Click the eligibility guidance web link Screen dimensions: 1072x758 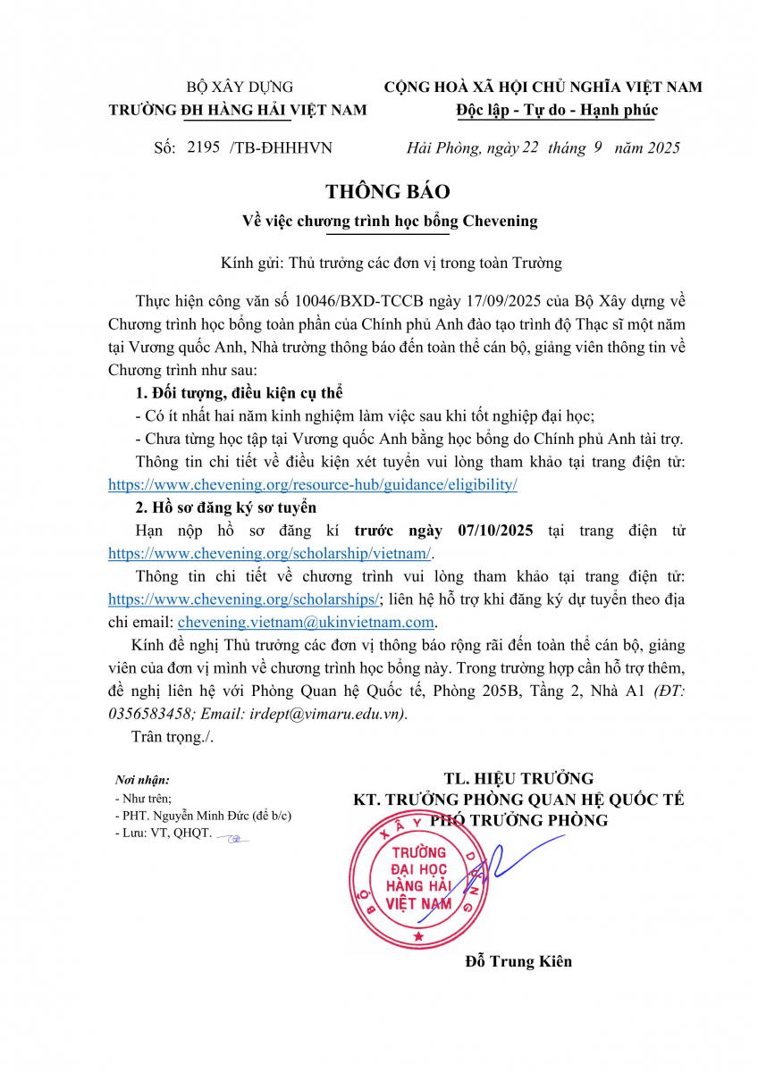pos(312,484)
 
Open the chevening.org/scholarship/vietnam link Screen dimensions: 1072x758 pos(257,553)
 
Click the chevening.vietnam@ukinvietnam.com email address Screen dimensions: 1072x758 pos(306,623)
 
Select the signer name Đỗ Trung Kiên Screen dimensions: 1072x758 pos(518,961)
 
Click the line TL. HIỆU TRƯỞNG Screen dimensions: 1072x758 pos(518,778)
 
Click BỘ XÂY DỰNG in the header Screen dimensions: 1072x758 pos(239,88)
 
